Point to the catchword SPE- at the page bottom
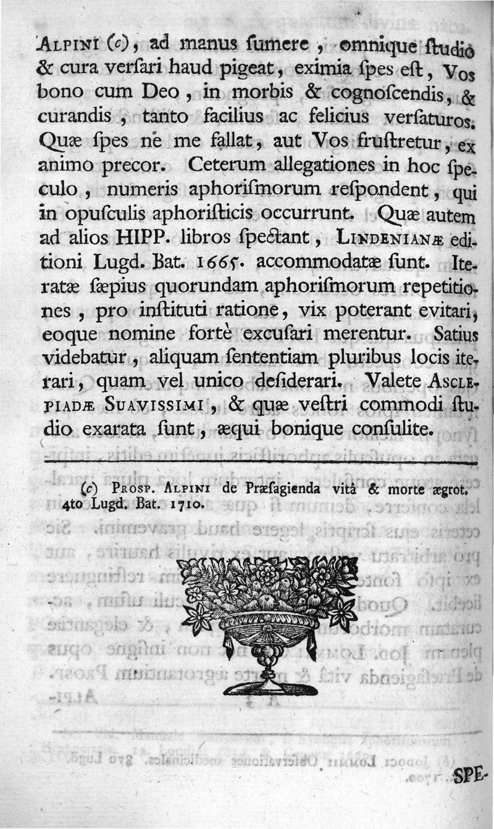coord(472,777)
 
